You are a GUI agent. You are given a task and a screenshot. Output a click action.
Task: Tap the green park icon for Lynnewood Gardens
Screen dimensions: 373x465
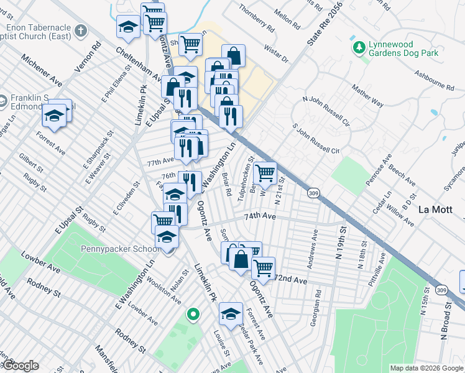pos(358,47)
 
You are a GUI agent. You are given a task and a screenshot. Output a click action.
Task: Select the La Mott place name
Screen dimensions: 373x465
pos(435,209)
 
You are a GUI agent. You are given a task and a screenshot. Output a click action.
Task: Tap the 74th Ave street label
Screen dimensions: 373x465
pos(259,216)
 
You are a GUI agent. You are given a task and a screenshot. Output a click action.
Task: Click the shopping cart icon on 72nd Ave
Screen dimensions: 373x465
pos(263,268)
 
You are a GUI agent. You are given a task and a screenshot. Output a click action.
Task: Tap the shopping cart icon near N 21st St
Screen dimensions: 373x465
pos(265,172)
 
